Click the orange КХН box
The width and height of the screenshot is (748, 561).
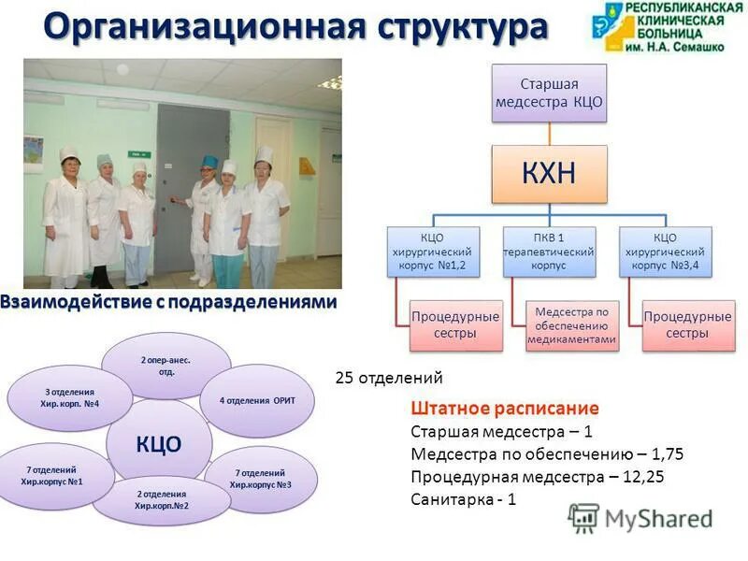pos(549,173)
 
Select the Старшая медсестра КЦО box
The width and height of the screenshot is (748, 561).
pos(549,93)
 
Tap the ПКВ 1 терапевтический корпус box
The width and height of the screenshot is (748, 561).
pos(549,252)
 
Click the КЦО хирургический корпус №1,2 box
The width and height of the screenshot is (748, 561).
pos(434,252)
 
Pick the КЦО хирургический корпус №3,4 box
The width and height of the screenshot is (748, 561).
pos(665,252)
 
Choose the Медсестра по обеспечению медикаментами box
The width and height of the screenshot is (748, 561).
pos(571,325)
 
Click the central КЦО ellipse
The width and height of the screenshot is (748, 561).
pos(159,442)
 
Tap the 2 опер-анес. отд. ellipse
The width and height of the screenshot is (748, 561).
pos(165,366)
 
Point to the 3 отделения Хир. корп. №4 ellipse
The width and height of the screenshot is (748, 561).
pos(71,397)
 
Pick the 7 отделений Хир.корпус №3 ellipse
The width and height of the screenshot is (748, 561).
pos(261,479)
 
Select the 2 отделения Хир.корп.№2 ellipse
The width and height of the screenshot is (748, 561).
pos(161,499)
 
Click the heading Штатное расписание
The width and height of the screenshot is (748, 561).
pos(504,409)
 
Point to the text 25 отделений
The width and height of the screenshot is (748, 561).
pos(389,379)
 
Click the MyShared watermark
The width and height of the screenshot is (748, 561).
pos(640,520)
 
